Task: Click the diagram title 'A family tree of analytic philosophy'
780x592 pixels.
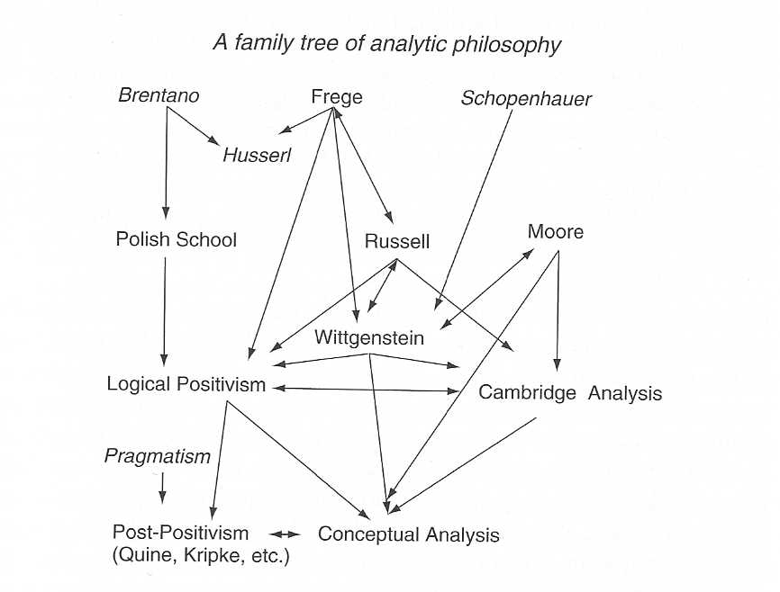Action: (387, 42)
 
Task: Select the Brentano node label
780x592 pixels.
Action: (159, 94)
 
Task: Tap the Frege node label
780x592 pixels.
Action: (336, 96)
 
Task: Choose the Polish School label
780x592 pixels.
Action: (177, 239)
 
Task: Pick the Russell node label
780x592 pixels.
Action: (397, 241)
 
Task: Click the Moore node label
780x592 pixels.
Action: (555, 232)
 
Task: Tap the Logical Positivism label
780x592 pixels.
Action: (186, 385)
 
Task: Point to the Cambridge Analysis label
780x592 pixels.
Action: (570, 393)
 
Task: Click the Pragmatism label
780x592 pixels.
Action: (158, 456)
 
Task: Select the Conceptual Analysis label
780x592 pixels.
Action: (408, 534)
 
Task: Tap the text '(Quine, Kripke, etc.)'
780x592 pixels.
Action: (201, 556)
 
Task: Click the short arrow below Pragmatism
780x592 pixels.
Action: (162, 487)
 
